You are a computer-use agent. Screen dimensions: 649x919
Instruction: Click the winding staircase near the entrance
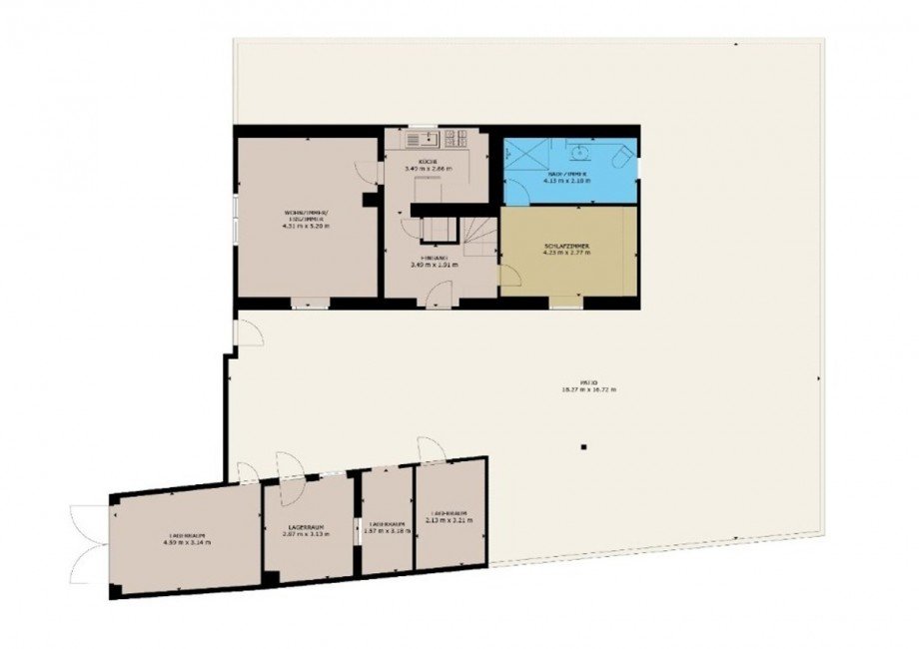[477, 235]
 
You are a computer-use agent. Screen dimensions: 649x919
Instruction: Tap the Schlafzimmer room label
[566, 245]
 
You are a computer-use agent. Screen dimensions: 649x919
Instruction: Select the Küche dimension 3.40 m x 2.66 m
[428, 169]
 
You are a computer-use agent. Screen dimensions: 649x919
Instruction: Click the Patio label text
[589, 381]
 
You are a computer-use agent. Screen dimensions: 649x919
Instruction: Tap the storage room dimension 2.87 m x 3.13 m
[306, 534]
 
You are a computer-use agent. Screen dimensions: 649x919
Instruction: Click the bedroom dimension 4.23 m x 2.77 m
[566, 254]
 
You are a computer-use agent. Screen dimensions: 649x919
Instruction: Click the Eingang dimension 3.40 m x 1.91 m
[434, 266]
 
